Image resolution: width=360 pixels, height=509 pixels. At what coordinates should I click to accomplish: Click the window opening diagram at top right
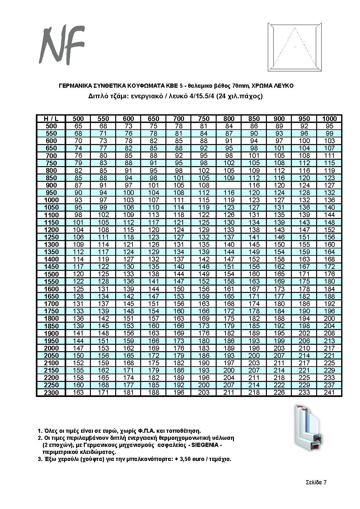click(x=294, y=47)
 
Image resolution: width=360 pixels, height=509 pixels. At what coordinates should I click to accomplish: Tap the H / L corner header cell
click(x=51, y=119)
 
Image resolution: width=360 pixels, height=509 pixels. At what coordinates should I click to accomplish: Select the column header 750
click(x=204, y=119)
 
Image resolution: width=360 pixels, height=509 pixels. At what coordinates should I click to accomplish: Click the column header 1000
click(x=329, y=119)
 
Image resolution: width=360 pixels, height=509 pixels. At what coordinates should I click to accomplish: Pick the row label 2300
click(x=51, y=392)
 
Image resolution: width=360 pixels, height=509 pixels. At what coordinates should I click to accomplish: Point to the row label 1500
click(x=51, y=274)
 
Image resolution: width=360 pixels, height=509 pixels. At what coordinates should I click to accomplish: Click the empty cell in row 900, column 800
click(x=228, y=185)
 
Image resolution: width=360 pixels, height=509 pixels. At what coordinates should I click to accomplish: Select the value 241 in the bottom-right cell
click(x=329, y=392)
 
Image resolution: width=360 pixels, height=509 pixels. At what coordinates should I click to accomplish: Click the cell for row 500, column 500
click(x=78, y=126)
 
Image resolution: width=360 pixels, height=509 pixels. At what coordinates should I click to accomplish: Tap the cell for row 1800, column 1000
click(x=329, y=319)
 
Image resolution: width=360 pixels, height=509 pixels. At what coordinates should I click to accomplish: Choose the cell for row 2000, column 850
click(x=254, y=348)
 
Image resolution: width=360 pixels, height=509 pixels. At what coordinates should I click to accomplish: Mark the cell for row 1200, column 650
click(x=154, y=230)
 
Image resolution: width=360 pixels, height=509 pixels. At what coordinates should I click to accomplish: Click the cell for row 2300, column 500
click(x=78, y=392)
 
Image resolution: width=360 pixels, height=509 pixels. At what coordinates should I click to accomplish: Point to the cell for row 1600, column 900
click(x=279, y=289)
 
